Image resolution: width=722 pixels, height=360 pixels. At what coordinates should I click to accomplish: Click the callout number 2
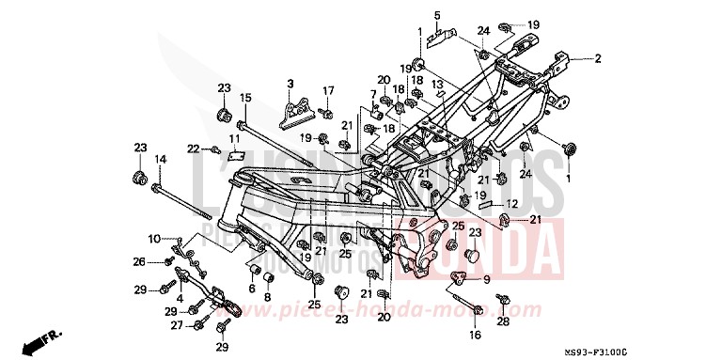pyautogui.click(x=596, y=58)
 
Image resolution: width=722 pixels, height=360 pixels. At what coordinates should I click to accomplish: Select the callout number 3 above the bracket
pyautogui.click(x=290, y=84)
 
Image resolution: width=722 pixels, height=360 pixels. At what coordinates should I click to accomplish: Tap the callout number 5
pyautogui.click(x=437, y=15)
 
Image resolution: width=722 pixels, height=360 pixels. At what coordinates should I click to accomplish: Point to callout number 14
pyautogui.click(x=160, y=160)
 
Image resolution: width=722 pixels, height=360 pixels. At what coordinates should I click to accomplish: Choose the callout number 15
pyautogui.click(x=244, y=98)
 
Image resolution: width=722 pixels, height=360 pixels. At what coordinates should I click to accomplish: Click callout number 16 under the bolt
pyautogui.click(x=475, y=335)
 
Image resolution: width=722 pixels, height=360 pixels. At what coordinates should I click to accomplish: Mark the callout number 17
pyautogui.click(x=329, y=90)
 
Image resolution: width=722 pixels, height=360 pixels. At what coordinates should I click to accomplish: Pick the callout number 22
pyautogui.click(x=192, y=149)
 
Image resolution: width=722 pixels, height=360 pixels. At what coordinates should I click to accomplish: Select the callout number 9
pyautogui.click(x=487, y=279)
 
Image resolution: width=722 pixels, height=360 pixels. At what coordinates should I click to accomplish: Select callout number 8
pyautogui.click(x=267, y=297)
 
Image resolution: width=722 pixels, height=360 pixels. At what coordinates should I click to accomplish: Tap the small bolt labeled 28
pyautogui.click(x=502, y=302)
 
